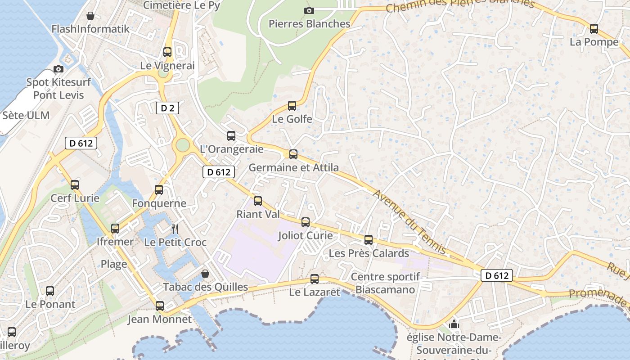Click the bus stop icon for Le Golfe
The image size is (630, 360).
pos(292,106)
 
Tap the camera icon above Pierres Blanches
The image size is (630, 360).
pos(309,10)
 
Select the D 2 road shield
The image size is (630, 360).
pos(167,108)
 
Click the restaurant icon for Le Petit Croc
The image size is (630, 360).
pos(175,229)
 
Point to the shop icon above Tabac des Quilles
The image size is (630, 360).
pos(205,273)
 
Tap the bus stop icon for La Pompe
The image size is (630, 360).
pos(594,29)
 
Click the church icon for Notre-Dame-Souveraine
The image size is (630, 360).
pos(454,324)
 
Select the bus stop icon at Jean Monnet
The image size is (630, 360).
pos(160,306)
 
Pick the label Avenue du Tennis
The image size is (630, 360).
pos(409,221)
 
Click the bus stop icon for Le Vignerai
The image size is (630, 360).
pos(167,52)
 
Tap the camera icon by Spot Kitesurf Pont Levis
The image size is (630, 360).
pos(58,69)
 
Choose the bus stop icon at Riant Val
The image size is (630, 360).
pos(258,201)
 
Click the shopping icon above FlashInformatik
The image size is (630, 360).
pos(90,16)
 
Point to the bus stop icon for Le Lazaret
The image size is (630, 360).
pos(315,279)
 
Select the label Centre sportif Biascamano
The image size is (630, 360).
pos(385,283)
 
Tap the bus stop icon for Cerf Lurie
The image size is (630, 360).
pos(75,184)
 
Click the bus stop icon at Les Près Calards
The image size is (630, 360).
pos(369,240)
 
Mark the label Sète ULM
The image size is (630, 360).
pos(26,115)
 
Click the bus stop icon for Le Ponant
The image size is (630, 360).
pos(50,291)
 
